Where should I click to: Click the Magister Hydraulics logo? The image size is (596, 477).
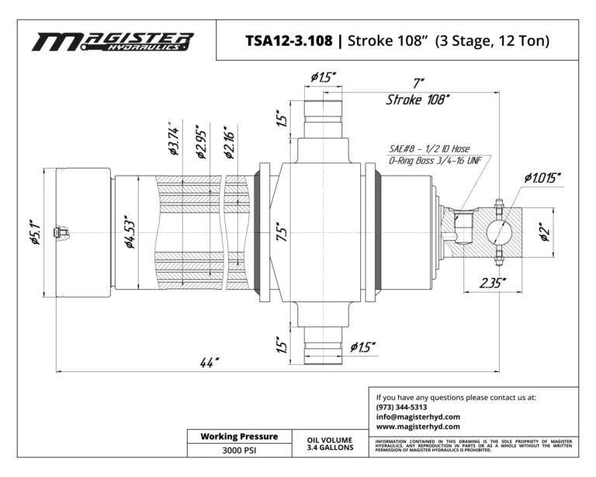113,42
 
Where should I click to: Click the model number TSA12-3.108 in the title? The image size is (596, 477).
289,40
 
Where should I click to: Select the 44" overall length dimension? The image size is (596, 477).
210,363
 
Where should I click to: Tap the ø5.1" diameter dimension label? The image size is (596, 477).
36,232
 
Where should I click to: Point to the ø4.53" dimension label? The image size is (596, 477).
130,232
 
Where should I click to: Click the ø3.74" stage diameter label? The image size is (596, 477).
173,139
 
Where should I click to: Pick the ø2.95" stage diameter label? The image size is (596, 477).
202,141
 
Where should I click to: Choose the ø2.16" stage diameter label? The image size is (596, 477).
229,142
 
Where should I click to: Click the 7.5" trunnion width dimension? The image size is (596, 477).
282,232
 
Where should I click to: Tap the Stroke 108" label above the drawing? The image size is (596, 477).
418,99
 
